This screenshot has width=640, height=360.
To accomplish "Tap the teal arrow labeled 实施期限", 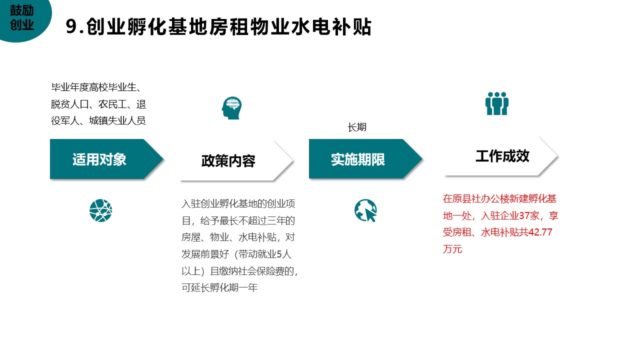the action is pos(365,159).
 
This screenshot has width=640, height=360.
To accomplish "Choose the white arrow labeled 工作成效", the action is pos(500,156).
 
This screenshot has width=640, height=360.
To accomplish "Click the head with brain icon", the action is pos(231,108).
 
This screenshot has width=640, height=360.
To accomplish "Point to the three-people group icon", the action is pos(497,103).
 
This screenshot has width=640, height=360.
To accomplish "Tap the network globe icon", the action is pos(100,210).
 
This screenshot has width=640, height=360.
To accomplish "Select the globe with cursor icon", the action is pos(365,210).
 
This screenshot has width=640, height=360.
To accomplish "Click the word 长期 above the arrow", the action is pos(357,127).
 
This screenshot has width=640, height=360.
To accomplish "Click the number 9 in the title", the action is pos(71,26).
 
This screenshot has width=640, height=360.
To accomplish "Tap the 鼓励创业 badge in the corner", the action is pos(22,17).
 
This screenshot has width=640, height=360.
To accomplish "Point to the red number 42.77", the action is pos(540,232).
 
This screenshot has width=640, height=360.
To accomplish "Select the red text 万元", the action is pos(452,249).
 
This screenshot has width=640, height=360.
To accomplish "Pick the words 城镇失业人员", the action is pos(117,121).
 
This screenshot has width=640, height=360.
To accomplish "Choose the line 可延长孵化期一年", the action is pos(219,287).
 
